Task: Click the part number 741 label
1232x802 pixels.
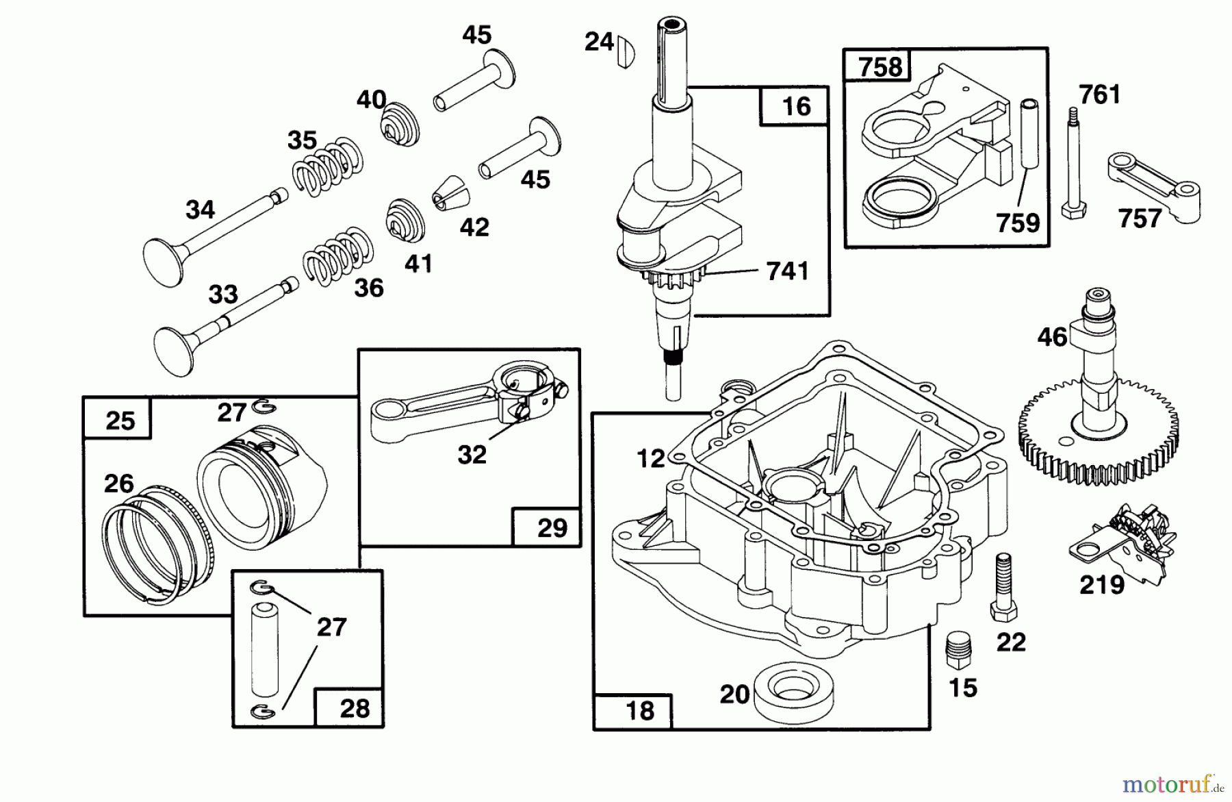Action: click(x=787, y=271)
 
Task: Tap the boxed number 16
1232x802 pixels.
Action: click(x=795, y=106)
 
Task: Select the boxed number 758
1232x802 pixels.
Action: click(x=880, y=67)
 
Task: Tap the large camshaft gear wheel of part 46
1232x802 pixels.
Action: click(x=1099, y=438)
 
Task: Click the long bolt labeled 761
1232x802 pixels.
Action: click(x=1072, y=164)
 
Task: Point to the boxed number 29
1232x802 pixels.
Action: click(x=552, y=527)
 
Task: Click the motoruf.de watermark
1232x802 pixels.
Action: click(x=1172, y=781)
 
